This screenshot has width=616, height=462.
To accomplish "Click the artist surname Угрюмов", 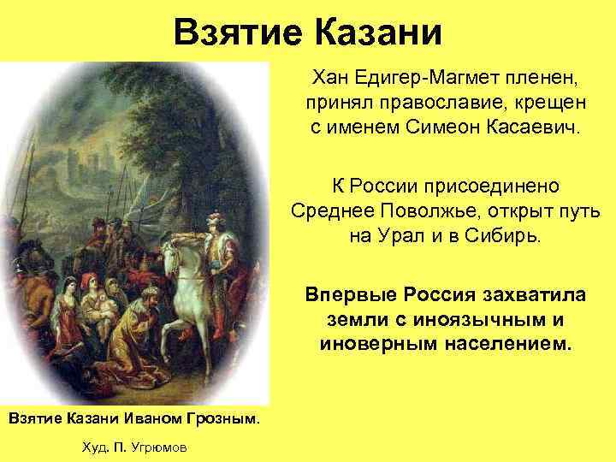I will [x=161, y=447].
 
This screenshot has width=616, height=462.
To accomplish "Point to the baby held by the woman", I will [x=104, y=304].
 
